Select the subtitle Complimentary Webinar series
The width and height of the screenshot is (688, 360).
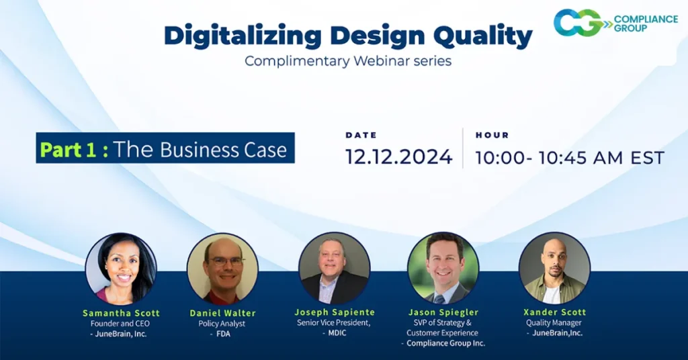(x=347, y=61)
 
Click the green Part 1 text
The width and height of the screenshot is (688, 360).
(x=74, y=149)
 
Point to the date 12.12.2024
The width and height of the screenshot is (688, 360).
(x=398, y=157)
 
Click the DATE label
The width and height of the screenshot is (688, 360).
(x=361, y=135)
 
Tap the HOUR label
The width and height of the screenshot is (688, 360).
(x=492, y=135)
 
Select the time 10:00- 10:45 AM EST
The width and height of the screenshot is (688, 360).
(x=570, y=158)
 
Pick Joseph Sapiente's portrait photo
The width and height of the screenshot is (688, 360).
(x=334, y=268)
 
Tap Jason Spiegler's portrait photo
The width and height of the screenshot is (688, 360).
(x=443, y=268)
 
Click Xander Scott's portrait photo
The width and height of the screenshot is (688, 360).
(x=554, y=268)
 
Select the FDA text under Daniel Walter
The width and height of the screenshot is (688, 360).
(x=223, y=334)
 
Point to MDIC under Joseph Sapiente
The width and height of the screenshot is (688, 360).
(x=336, y=333)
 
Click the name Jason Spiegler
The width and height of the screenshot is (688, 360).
(x=443, y=312)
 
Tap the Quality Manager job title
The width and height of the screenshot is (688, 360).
(x=554, y=323)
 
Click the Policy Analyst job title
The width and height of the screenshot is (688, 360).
(x=223, y=324)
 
